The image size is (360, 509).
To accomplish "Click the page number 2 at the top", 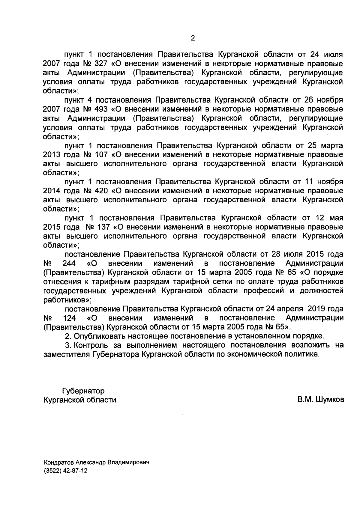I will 193,38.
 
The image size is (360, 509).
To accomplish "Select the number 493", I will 101,109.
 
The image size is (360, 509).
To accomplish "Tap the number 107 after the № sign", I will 101,155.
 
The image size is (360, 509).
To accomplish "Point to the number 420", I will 101,191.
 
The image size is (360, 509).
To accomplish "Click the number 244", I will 69,263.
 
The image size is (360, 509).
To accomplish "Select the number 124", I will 69,318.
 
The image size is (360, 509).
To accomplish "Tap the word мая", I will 336,218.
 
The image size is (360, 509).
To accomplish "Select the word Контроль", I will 91,345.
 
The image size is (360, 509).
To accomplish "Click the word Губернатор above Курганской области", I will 83,391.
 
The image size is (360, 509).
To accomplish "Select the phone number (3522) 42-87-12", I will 65,471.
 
